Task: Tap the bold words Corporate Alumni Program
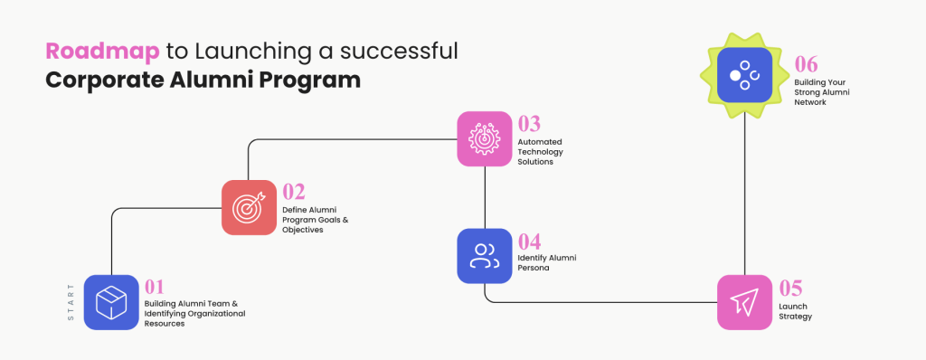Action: [203, 81]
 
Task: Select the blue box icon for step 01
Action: [111, 302]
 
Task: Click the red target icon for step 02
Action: [249, 207]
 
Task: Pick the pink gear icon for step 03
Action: [485, 138]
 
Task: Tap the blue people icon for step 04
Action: [485, 255]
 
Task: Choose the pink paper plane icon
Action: [744, 302]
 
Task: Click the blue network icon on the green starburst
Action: [744, 74]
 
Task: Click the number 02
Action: [294, 192]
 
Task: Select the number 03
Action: [529, 124]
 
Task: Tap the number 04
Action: [529, 242]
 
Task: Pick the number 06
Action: [807, 63]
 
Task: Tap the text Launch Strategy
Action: [795, 312]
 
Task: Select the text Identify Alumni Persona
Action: [546, 262]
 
